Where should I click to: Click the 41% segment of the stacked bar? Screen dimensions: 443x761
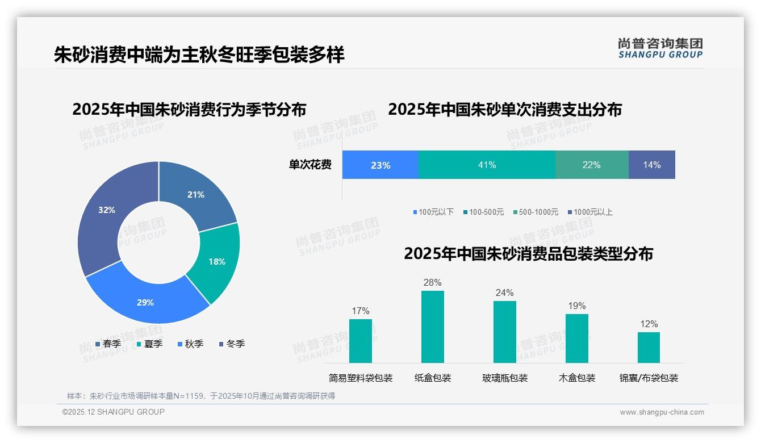click(x=487, y=165)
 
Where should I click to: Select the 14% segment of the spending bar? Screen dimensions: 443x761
click(x=651, y=165)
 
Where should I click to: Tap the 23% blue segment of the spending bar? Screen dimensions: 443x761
click(x=380, y=165)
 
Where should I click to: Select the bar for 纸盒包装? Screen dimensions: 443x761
click(x=432, y=327)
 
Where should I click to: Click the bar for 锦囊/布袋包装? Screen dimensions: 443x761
click(x=649, y=347)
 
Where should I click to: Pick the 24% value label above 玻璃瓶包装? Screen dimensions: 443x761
click(x=504, y=292)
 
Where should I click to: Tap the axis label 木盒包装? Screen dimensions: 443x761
click(x=577, y=378)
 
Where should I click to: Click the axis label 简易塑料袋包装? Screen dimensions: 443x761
click(x=361, y=378)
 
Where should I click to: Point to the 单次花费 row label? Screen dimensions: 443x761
click(x=310, y=165)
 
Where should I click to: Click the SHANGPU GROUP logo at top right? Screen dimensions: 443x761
click(x=660, y=48)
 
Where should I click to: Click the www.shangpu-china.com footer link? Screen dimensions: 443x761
click(x=662, y=412)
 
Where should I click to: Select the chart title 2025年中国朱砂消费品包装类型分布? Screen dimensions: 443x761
click(x=528, y=253)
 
